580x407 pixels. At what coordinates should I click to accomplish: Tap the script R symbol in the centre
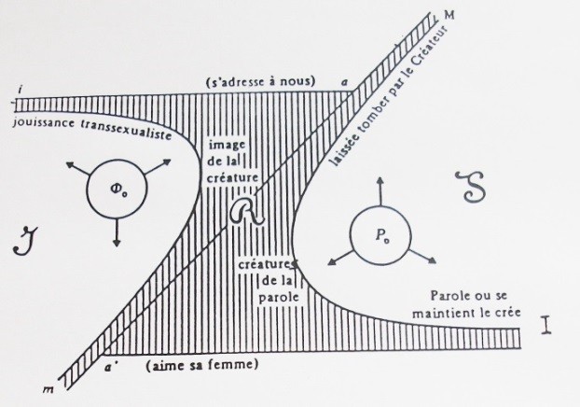coord(247,211)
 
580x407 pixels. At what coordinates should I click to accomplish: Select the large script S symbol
coord(470,187)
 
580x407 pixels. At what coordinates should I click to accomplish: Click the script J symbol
coord(26,241)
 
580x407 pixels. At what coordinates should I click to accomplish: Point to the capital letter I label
coord(546,325)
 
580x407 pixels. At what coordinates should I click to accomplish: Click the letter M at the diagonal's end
coord(449,15)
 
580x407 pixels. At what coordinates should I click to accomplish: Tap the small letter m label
coord(48,389)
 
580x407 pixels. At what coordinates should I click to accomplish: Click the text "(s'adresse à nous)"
coord(261,80)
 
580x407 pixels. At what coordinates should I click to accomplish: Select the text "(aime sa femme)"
coord(202,366)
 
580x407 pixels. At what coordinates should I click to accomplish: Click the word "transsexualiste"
coord(126,129)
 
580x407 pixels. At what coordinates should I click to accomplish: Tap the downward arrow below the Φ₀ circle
coord(117,232)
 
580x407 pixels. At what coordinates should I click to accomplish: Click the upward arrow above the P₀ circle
coord(380,191)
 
